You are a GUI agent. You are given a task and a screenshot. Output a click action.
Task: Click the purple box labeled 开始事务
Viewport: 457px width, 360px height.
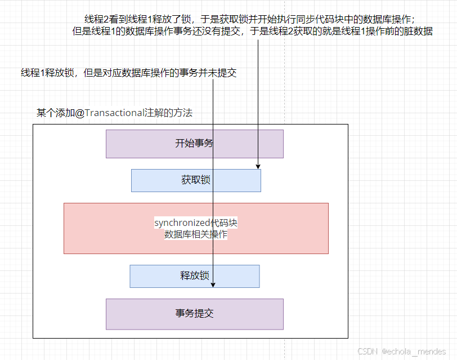(x=194, y=144)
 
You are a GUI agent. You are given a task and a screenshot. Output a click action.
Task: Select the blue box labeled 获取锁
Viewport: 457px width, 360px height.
(x=196, y=180)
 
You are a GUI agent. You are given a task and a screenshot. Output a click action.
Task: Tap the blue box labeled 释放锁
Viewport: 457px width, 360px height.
(x=194, y=276)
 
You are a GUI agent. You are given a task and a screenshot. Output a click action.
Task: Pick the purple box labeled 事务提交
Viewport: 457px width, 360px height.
(x=194, y=314)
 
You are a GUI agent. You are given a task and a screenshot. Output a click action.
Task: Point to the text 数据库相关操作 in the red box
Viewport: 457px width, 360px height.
(x=195, y=234)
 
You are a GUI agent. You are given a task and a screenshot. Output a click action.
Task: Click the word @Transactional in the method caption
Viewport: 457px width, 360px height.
(x=110, y=113)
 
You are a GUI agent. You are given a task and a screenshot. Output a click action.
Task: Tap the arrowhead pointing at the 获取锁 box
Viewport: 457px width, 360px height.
(x=258, y=167)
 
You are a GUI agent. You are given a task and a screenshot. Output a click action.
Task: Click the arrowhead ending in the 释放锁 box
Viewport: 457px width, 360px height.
(x=213, y=285)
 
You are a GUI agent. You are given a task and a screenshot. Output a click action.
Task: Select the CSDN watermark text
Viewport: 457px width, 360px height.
(x=368, y=351)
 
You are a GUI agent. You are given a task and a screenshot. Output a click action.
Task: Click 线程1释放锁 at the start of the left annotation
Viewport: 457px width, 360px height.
(x=47, y=73)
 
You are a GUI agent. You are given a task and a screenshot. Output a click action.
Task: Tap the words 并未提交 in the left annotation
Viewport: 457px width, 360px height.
(x=217, y=73)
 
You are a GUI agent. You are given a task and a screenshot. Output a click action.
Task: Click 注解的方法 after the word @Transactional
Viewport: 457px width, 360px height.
(x=168, y=113)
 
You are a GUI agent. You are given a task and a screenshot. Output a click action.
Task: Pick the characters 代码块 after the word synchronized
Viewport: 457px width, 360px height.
(x=224, y=223)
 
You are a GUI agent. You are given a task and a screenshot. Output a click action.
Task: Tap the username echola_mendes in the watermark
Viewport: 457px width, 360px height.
(x=414, y=351)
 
